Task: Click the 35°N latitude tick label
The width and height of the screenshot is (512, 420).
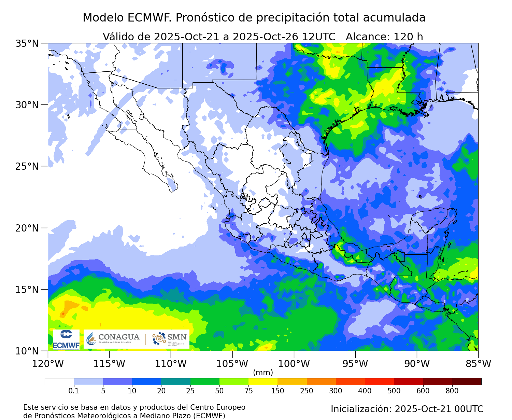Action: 27,43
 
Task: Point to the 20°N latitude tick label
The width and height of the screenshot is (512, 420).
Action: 27,228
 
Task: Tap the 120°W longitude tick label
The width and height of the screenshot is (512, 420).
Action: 48,364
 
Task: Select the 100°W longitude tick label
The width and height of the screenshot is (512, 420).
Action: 294,364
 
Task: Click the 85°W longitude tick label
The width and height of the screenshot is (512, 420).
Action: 478,364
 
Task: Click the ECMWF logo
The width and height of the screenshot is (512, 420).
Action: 66,340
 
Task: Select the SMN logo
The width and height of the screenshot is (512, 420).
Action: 170,339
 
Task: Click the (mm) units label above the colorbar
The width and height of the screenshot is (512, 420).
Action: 263,372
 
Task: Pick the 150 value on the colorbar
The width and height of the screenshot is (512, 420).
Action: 278,391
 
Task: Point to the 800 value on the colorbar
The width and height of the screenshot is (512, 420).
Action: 452,391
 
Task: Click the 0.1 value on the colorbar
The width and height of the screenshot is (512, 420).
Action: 74,391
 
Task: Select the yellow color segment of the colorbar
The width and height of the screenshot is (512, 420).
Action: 263,381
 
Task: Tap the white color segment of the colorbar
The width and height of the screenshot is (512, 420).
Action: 59,381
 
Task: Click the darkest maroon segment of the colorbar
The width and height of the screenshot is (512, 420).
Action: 467,381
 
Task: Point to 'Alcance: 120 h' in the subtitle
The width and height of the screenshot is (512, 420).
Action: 384,37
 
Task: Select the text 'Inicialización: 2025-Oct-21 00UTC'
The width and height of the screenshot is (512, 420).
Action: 407,409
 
